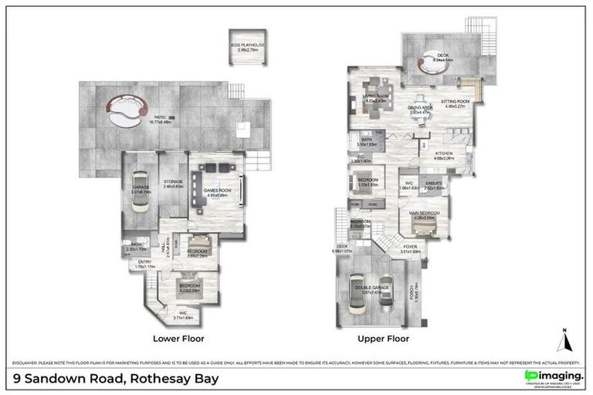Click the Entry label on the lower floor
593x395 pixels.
pyautogui.click(x=145, y=264)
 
